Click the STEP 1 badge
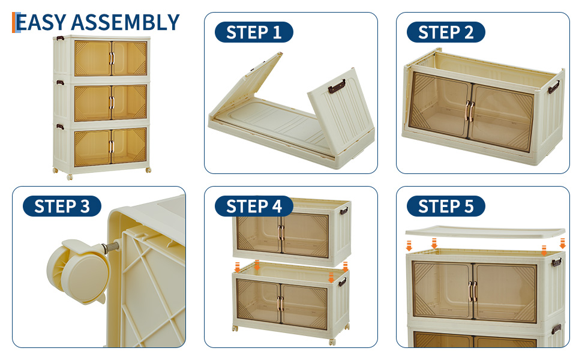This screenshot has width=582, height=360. tap(254, 32)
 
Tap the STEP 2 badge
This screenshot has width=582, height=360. tap(446, 32)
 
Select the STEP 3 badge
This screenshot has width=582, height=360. tap(62, 206)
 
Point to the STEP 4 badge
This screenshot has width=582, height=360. tap(254, 206)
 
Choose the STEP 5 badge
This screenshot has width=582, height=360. tap(446, 206)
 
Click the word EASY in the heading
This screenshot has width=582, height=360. tap(41, 22)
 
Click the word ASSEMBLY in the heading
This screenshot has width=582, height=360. tap(125, 22)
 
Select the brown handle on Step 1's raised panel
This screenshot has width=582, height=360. tap(337, 86)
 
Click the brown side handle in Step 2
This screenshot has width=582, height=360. tap(553, 87)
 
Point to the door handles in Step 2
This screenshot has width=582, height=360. tap(470, 110)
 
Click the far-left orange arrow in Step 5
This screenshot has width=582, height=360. tap(409, 245)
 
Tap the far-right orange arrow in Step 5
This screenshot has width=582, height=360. tap(563, 244)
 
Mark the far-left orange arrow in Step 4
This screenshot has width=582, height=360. tap(237, 268)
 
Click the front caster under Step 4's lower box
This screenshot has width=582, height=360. tap(332, 341)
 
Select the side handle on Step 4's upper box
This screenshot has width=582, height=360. tap(344, 212)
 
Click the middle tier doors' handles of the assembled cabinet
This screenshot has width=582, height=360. tap(112, 103)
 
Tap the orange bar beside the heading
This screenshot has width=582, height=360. tap(14, 22)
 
